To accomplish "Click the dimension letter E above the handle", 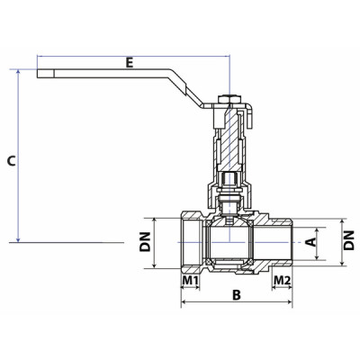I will pyautogui.click(x=130, y=63).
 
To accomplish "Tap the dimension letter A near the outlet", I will pyautogui.click(x=310, y=240).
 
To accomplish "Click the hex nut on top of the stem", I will pyautogui.click(x=229, y=96).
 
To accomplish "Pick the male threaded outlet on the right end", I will pyautogui.click(x=284, y=242).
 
